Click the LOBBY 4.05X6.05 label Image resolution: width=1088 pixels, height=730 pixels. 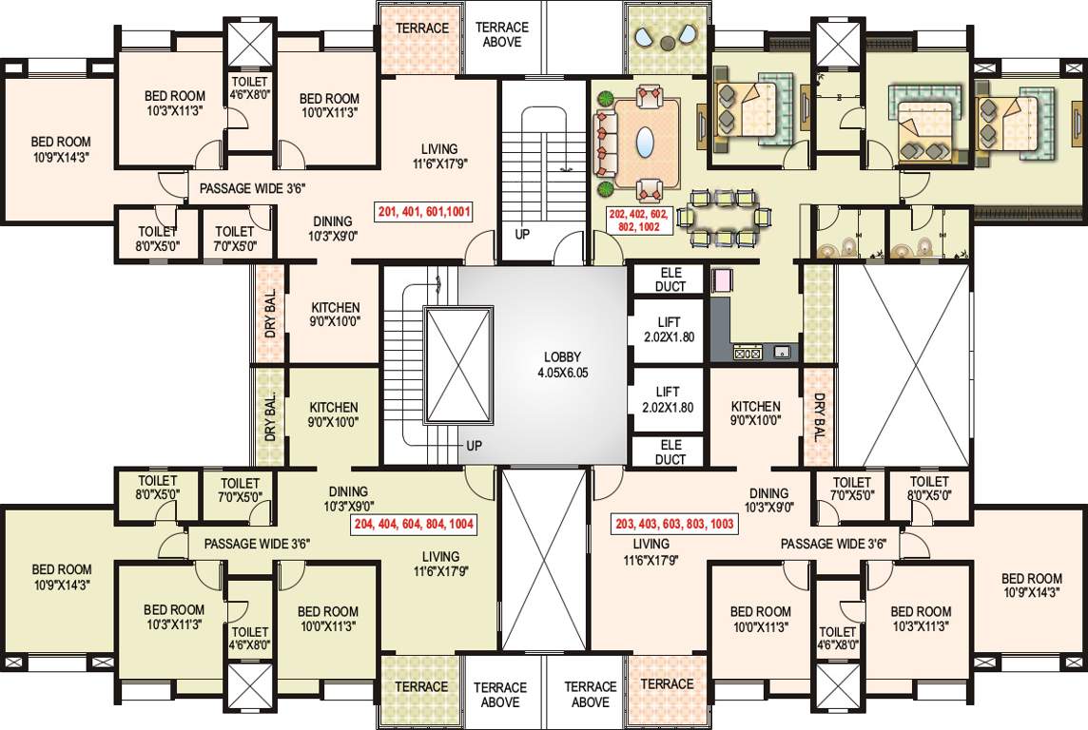pyautogui.click(x=563, y=365)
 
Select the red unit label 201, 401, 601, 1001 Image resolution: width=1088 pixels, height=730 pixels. pyautogui.click(x=425, y=211)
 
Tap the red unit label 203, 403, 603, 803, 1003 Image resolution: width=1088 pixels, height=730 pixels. pyautogui.click(x=673, y=524)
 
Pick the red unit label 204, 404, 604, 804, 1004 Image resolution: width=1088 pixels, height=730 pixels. pyautogui.click(x=414, y=524)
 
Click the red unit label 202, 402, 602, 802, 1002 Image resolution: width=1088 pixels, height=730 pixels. pyautogui.click(x=638, y=221)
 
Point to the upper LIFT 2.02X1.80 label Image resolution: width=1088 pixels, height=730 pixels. pyautogui.click(x=669, y=330)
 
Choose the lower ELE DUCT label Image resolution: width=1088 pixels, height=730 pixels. pyautogui.click(x=670, y=452)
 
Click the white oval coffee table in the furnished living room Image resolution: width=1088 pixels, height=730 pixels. pyautogui.click(x=646, y=143)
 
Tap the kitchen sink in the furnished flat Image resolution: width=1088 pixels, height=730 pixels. pyautogui.click(x=782, y=353)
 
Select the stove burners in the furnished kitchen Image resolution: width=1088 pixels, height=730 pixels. pyautogui.click(x=748, y=353)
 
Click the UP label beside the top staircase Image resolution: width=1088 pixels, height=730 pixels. pyautogui.click(x=522, y=235)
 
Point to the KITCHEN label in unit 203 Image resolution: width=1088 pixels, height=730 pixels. pyautogui.click(x=756, y=413)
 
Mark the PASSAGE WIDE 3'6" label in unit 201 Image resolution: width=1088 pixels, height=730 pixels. pyautogui.click(x=253, y=188)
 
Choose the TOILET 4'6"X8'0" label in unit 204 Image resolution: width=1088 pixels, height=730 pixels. pyautogui.click(x=250, y=639)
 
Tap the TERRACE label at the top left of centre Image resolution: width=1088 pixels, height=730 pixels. pyautogui.click(x=422, y=29)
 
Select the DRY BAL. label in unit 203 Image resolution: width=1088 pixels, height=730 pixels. pyautogui.click(x=819, y=418)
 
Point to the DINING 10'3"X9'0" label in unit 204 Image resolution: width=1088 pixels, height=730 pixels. pyautogui.click(x=348, y=499)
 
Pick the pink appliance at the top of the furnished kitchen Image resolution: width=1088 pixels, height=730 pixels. pyautogui.click(x=719, y=280)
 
